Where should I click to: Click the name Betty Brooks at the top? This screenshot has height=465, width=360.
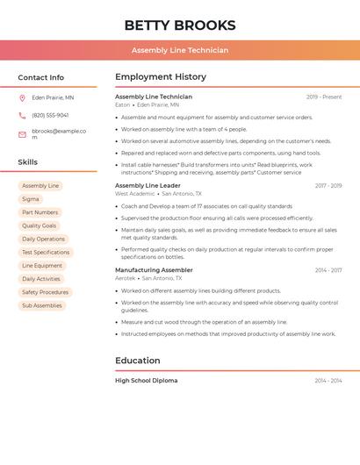pyautogui.click(x=180, y=25)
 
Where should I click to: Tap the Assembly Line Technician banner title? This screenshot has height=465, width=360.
pyautogui.click(x=180, y=50)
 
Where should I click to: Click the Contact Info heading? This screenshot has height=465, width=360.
pyautogui.click(x=40, y=77)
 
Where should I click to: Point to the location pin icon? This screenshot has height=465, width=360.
pyautogui.click(x=22, y=98)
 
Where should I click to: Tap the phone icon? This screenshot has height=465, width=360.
pyautogui.click(x=22, y=115)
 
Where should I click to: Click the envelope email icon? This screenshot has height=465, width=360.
pyautogui.click(x=22, y=134)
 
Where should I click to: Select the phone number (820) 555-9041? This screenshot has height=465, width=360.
pyautogui.click(x=50, y=115)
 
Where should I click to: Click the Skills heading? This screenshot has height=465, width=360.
pyautogui.click(x=27, y=162)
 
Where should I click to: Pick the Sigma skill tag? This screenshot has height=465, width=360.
pyautogui.click(x=31, y=199)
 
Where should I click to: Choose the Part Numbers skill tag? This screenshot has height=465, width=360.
pyautogui.click(x=40, y=212)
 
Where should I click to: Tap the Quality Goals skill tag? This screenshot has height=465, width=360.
pyautogui.click(x=39, y=225)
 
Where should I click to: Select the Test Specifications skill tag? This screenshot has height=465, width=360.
pyautogui.click(x=46, y=253)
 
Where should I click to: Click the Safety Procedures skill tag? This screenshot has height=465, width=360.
pyautogui.click(x=45, y=292)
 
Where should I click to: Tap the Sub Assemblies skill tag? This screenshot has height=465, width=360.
pyautogui.click(x=42, y=305)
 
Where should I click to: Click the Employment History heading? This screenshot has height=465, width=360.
pyautogui.click(x=161, y=77)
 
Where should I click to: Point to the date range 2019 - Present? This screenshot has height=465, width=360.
pyautogui.click(x=324, y=97)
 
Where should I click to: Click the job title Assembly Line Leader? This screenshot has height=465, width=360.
pyautogui.click(x=148, y=186)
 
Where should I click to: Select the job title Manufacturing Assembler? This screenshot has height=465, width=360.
pyautogui.click(x=154, y=270)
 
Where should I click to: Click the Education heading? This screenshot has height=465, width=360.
pyautogui.click(x=137, y=361)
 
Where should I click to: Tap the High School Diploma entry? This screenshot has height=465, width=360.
pyautogui.click(x=146, y=381)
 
